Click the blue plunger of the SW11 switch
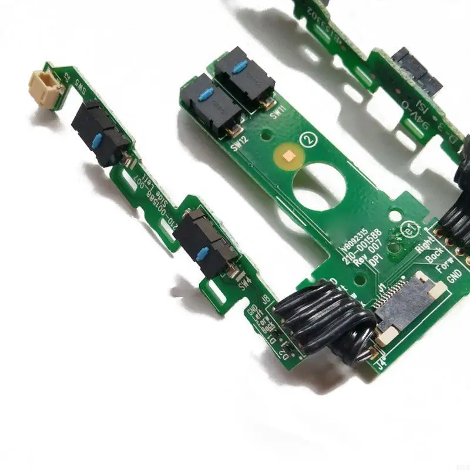click(239, 66)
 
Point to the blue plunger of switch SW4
click(203, 254)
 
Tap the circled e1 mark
click(405, 226)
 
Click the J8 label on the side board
click(266, 300)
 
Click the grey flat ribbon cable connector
click(405, 308)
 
